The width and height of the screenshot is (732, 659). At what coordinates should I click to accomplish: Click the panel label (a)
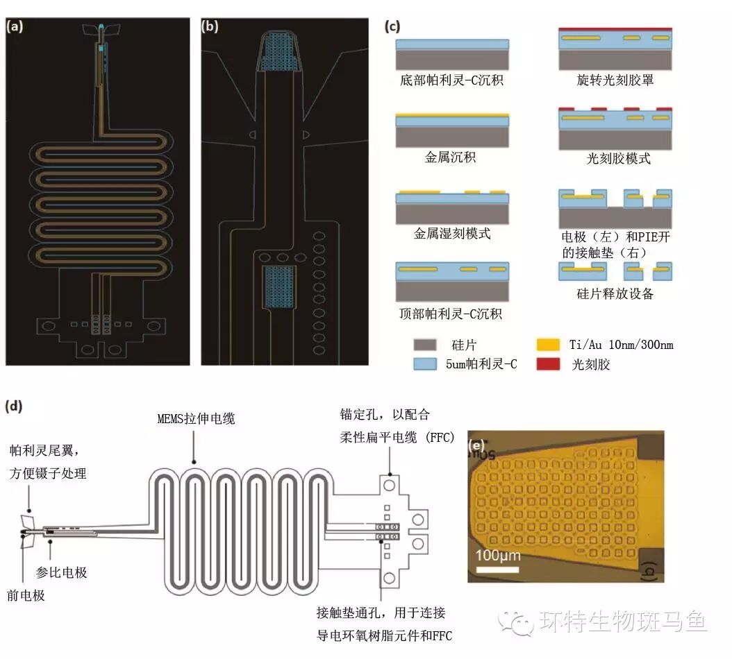coord(16,28)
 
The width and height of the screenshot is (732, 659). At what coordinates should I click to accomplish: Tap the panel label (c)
coord(392,28)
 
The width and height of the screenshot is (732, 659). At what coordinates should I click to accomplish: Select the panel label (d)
coord(15,406)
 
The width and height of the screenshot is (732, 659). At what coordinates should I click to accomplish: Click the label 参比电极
coord(62,573)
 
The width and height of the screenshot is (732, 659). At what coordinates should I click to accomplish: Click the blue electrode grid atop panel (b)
coord(281,54)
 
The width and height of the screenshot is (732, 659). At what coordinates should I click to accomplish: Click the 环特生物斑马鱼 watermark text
coord(622,622)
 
